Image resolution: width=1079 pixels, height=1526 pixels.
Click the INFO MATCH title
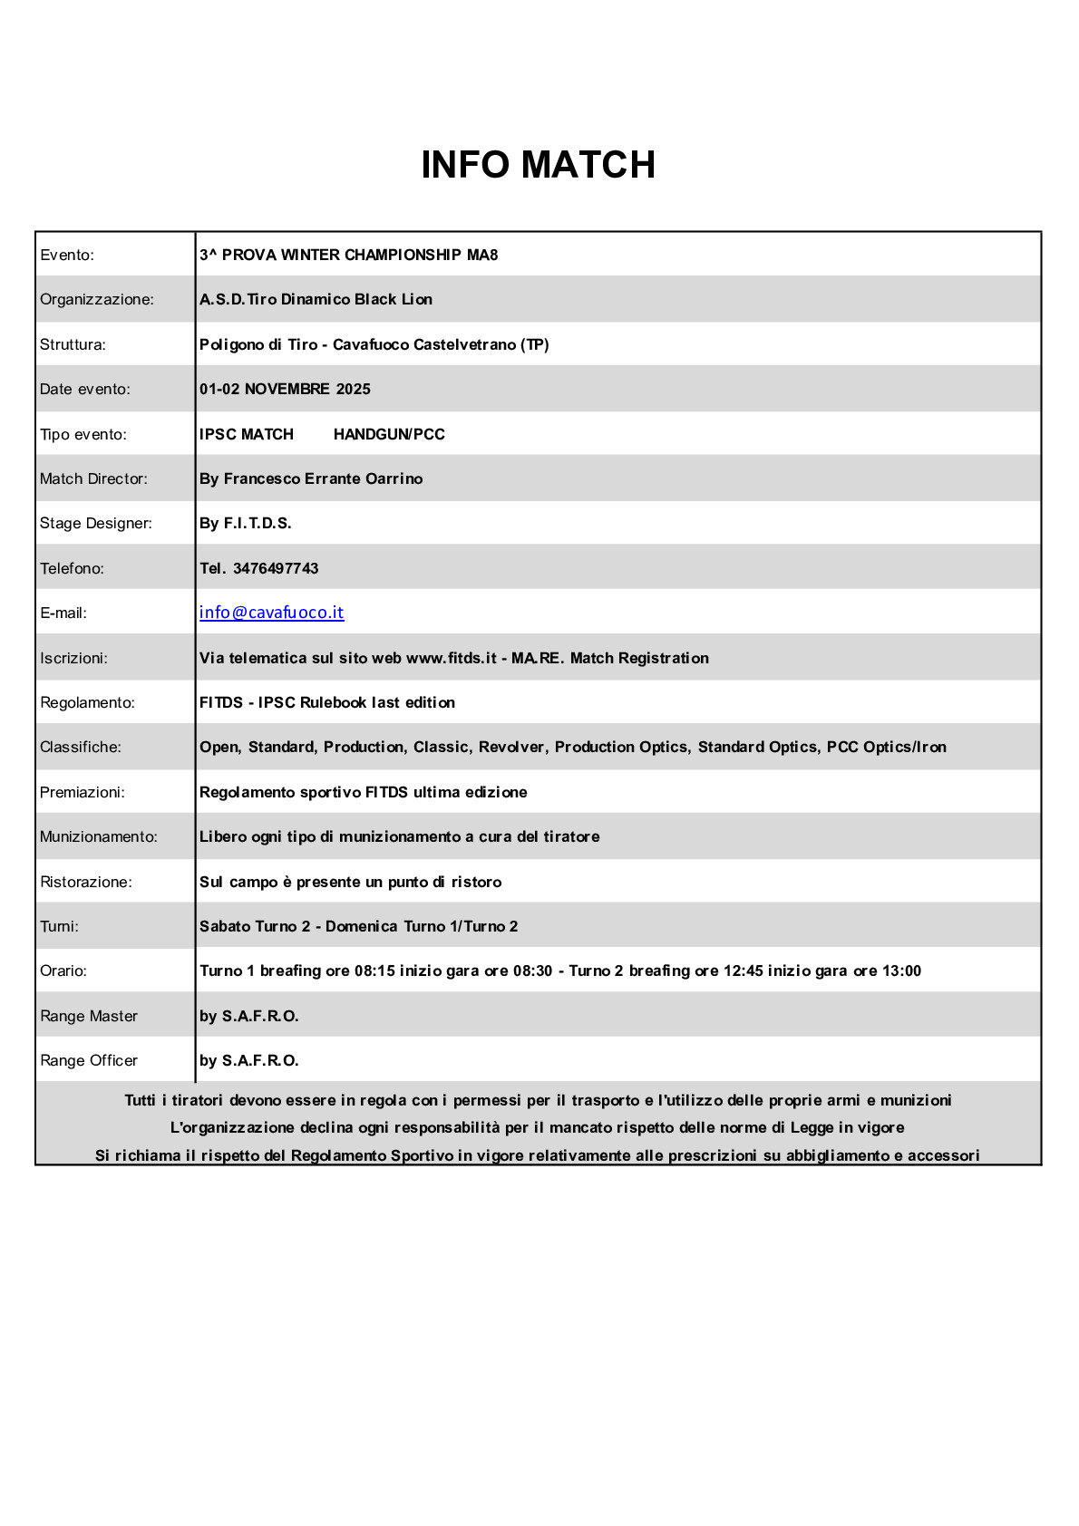click(x=538, y=165)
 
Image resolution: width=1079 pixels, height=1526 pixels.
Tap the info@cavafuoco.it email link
click(x=271, y=613)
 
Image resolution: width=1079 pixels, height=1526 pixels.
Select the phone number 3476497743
click(x=276, y=568)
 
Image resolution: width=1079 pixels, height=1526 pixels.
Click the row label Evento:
click(x=67, y=255)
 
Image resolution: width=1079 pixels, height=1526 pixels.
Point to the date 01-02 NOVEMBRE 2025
click(x=285, y=389)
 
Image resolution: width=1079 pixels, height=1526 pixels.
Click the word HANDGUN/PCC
click(x=389, y=434)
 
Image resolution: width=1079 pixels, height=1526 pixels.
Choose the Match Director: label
click(x=93, y=478)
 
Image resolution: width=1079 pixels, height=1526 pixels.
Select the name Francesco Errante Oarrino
click(x=323, y=478)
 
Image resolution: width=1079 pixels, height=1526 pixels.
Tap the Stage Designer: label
click(x=96, y=523)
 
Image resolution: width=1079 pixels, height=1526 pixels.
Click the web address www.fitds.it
click(x=451, y=658)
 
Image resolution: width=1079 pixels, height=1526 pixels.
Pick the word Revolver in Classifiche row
click(x=511, y=747)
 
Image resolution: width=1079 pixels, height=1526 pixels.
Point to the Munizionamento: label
click(x=99, y=836)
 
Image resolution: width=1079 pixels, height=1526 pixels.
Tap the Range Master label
click(x=89, y=1016)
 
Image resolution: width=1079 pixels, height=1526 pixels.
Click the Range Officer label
click(x=89, y=1060)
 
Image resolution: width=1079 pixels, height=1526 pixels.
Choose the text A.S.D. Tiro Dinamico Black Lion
click(x=316, y=299)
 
